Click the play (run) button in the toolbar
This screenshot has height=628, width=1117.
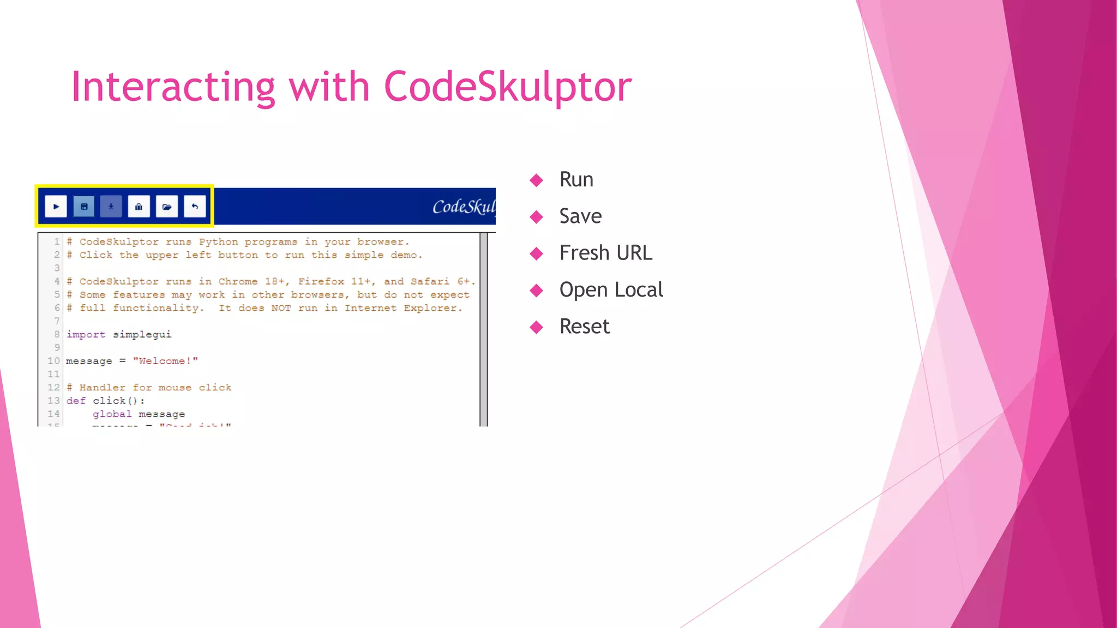pos(56,207)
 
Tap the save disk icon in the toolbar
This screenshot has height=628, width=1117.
pos(84,207)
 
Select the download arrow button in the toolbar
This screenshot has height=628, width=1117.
pos(111,207)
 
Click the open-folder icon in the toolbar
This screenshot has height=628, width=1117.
pos(167,207)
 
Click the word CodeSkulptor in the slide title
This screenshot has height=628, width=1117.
pos(508,87)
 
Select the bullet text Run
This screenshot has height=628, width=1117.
pos(576,180)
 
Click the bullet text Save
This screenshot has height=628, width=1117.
pos(580,216)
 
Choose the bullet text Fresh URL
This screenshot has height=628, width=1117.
pos(605,253)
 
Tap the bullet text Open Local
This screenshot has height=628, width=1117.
pos(611,289)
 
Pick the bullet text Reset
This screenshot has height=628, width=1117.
pos(584,327)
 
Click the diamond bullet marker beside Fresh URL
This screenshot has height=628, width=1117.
pos(537,253)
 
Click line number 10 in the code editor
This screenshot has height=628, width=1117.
pos(53,361)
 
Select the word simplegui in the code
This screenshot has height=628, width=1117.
pos(142,334)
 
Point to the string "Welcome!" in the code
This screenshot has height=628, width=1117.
pos(165,361)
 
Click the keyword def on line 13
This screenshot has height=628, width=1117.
pos(76,401)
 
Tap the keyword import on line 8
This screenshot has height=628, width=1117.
pos(86,334)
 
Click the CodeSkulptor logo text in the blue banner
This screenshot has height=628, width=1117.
pos(464,207)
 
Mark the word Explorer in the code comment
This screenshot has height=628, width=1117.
pos(433,308)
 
